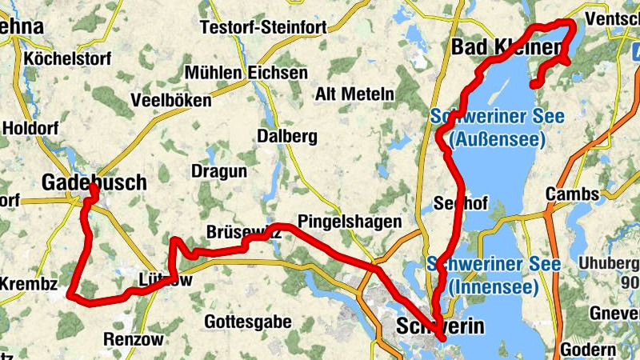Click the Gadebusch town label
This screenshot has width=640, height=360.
94,182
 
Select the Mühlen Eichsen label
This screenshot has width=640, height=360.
246,73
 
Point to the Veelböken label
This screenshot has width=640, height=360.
170,101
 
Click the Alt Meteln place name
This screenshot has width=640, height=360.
355,94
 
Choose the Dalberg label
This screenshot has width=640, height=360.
287,136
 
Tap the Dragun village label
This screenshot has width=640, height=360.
218,171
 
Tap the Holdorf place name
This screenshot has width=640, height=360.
31,128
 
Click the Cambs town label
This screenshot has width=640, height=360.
572,194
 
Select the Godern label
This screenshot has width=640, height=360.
588,350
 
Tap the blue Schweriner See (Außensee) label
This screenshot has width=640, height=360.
497,128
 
